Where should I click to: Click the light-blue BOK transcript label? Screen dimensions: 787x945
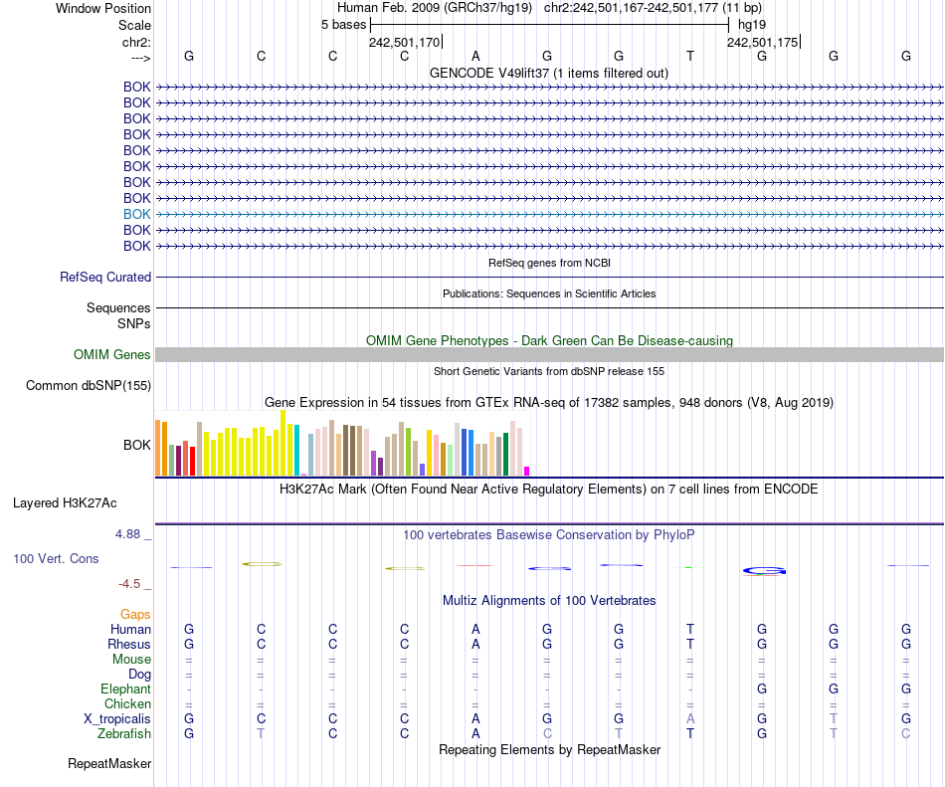click(x=137, y=214)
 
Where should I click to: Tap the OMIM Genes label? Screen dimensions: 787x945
click(x=112, y=355)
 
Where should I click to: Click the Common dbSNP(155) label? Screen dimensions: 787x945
click(x=89, y=386)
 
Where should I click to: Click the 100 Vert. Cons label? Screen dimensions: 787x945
click(x=56, y=559)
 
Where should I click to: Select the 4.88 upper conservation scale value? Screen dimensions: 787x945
click(x=131, y=534)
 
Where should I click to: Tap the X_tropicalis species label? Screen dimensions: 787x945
click(x=117, y=719)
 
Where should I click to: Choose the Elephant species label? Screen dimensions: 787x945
click(x=125, y=689)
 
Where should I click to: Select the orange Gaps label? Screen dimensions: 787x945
click(x=135, y=615)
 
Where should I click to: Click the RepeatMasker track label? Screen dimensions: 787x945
click(x=109, y=764)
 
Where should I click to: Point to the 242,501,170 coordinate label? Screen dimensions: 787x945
click(x=404, y=42)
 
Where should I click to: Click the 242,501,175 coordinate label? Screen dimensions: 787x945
click(x=762, y=42)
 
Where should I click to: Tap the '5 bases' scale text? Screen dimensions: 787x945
click(x=343, y=24)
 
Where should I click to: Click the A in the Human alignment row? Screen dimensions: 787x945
click(x=475, y=630)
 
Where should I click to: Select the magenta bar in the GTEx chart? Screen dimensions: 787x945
click(x=527, y=471)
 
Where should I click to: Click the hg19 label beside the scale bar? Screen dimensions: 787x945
click(x=751, y=24)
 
